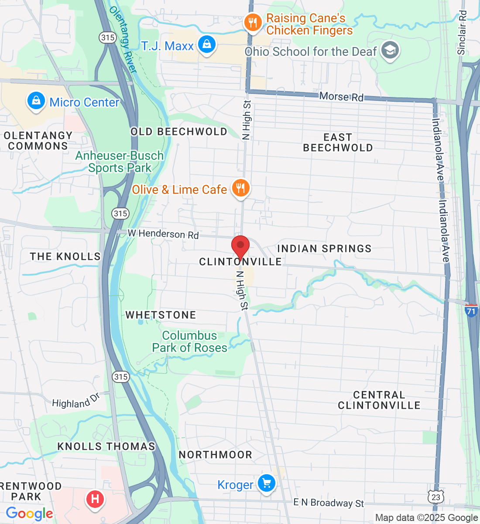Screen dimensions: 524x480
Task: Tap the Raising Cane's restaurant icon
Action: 253,22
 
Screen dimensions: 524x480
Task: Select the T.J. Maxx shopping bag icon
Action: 207,45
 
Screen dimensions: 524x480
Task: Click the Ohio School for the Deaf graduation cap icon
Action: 390,50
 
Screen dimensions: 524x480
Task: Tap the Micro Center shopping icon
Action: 36,101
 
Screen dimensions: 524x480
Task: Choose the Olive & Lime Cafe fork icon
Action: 240,189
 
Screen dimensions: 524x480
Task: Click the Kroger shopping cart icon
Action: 267,483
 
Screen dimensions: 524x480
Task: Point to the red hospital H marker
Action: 95,499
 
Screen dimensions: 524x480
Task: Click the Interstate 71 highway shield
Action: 471,310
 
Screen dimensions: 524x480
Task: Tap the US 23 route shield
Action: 436,497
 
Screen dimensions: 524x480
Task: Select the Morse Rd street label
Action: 341,97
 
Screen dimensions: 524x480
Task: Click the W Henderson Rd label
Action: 163,234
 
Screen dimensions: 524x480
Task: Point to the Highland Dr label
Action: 76,401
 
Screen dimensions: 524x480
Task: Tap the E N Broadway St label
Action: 329,503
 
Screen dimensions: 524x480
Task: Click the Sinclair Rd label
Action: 462,33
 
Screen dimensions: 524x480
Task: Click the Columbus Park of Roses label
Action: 189,341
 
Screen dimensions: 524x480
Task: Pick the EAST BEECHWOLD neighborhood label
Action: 338,143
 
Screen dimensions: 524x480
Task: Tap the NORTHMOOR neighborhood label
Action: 216,455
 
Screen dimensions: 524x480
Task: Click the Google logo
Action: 29,514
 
